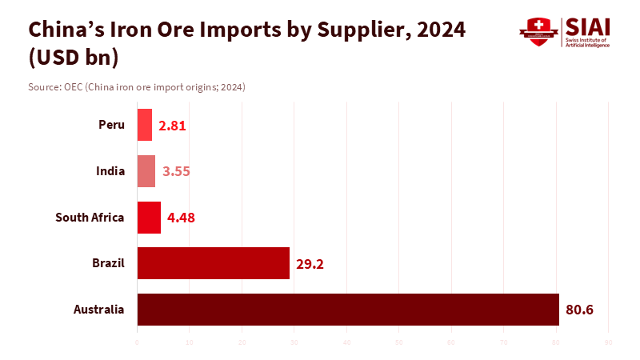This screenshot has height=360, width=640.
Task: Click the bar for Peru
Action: [145, 125]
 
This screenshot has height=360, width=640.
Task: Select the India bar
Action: [146, 171]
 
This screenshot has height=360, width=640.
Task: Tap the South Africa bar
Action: [149, 218]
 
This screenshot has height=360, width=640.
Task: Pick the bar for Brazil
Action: [214, 263]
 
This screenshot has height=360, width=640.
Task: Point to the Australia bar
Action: [348, 310]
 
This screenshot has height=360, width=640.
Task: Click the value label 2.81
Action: [173, 125]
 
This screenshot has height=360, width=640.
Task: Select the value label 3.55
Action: [176, 171]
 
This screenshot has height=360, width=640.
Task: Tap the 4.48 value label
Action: [181, 218]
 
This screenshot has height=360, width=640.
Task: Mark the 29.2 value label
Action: [310, 263]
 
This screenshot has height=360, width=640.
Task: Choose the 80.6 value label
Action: [579, 310]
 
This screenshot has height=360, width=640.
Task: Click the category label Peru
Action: [111, 124]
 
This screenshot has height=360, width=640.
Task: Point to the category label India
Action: [110, 170]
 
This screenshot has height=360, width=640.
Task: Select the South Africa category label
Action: [90, 217]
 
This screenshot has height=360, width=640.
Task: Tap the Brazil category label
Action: [108, 262]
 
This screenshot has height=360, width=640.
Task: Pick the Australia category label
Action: [98, 309]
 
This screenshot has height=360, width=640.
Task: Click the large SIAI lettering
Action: [586, 26]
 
